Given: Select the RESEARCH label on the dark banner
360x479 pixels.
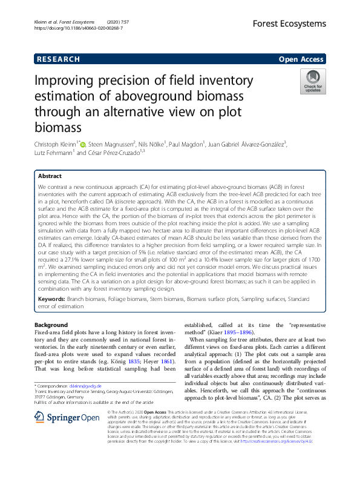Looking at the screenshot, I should pyautogui.click(x=57, y=59).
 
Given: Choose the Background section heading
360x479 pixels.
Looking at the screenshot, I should pyautogui.click(x=51, y=326).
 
